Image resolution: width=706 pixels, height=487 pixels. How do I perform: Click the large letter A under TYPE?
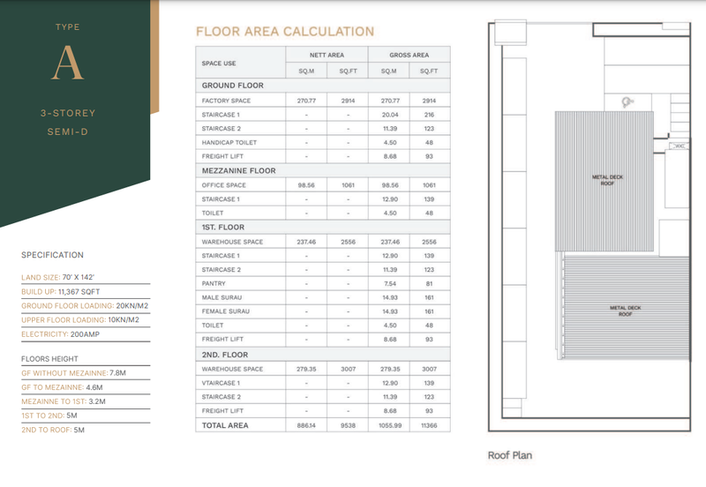(x=68, y=63)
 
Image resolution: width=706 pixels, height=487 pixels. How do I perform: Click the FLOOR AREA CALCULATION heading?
(x=284, y=32)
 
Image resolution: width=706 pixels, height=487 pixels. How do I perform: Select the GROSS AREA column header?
(x=409, y=55)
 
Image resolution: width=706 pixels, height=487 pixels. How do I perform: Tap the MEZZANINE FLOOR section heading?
(x=238, y=171)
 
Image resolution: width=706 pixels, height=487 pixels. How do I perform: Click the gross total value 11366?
(x=429, y=425)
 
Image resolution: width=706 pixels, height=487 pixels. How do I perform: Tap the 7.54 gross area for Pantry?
(x=388, y=284)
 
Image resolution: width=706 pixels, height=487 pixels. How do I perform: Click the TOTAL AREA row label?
(x=225, y=425)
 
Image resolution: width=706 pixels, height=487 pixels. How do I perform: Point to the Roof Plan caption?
(x=510, y=456)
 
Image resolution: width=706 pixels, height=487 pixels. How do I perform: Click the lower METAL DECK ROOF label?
(x=627, y=311)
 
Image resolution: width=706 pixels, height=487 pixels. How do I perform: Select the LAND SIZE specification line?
(x=58, y=278)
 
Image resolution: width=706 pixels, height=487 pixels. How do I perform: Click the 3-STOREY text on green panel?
(x=68, y=114)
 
